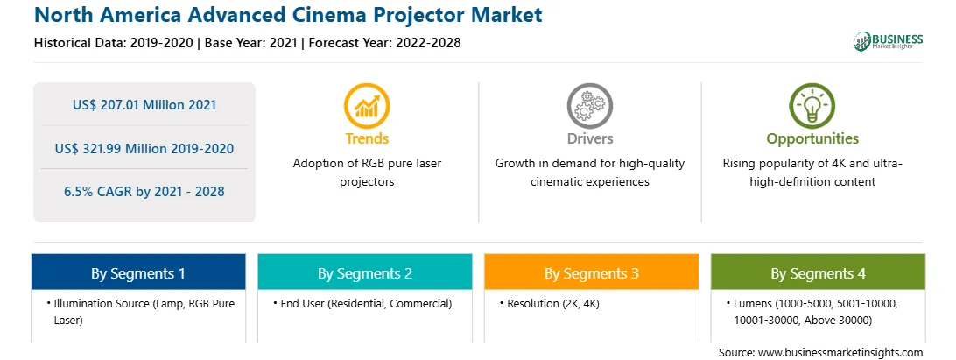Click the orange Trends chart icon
point(367,106)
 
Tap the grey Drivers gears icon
point(589,106)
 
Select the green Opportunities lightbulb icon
point(812,106)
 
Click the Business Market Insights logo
point(889,41)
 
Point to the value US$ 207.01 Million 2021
point(144,105)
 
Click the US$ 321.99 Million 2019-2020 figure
point(144,148)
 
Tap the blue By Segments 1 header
point(138,272)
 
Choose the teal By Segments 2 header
point(364,272)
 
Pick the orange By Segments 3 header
point(592,272)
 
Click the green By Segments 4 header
point(819,272)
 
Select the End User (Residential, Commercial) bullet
point(362,304)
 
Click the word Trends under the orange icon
point(367,138)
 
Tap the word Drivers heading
point(589,138)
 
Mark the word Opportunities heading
point(812,138)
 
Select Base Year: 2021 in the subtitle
point(250,43)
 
